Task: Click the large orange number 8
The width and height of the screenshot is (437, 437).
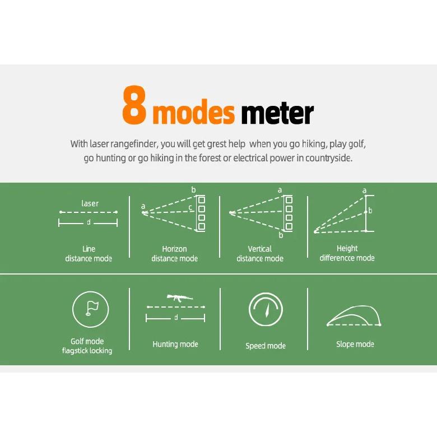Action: [x=134, y=105]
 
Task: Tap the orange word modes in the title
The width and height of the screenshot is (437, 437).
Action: [x=194, y=112]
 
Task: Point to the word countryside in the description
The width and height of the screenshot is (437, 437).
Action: [x=328, y=158]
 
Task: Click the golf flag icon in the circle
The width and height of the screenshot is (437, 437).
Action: [x=92, y=308]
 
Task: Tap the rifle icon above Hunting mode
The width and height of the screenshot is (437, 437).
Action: [x=179, y=297]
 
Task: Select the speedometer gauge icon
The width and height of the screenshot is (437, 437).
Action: [x=266, y=309]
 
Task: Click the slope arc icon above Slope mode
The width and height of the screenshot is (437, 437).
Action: [x=354, y=316]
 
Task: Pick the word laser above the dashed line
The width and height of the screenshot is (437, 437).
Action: [x=90, y=203]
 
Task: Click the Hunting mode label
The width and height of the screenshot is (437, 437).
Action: [x=175, y=344]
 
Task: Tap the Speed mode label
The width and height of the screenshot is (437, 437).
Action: [x=266, y=346]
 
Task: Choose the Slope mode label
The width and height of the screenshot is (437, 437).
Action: [x=355, y=344]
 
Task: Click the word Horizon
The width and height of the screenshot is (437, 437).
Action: [x=174, y=249]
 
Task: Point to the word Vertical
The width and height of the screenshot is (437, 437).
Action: [x=260, y=249]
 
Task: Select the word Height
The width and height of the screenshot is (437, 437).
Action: [x=347, y=248]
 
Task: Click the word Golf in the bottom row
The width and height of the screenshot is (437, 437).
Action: [x=76, y=341]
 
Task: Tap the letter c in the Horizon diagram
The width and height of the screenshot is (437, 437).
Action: [x=190, y=207]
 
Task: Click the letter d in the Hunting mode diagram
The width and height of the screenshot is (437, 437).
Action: [x=176, y=318]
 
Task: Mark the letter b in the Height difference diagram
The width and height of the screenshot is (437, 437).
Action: [x=370, y=211]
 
